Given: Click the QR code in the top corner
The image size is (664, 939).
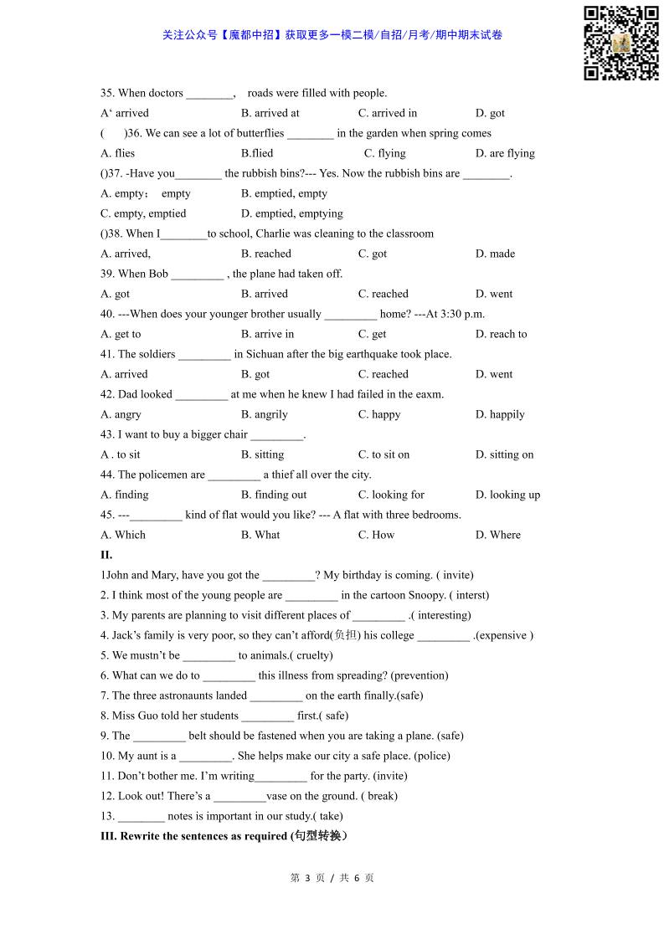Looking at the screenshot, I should [x=620, y=43].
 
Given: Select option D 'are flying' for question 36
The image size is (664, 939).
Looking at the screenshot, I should [x=505, y=153].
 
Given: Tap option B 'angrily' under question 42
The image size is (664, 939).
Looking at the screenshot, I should [x=264, y=414].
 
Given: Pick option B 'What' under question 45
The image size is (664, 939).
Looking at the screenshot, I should [x=260, y=535].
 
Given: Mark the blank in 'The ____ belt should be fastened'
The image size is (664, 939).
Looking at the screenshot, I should [x=159, y=736].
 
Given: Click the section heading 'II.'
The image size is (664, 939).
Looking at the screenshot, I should [x=106, y=555].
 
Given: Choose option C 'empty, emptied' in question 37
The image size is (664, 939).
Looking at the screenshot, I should [x=143, y=213].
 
